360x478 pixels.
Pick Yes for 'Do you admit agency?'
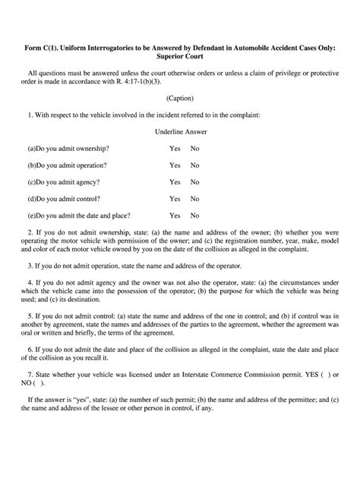point(175,181)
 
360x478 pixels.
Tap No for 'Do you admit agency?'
point(195,181)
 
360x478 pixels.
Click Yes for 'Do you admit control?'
point(175,198)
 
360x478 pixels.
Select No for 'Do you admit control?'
point(195,198)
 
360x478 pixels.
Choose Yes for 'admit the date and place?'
point(175,215)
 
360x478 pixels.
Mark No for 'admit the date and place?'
point(195,215)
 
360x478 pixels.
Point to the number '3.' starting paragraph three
point(30,266)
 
